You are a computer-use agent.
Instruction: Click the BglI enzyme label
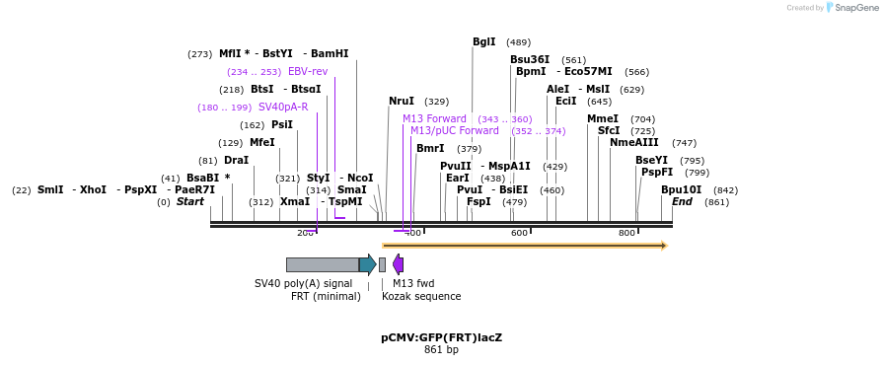pos(483,41)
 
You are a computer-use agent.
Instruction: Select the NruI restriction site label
pos(402,101)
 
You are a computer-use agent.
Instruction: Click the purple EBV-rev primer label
pos(308,71)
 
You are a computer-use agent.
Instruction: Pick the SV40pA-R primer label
pos(283,107)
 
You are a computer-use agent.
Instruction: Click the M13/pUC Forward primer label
pos(454,130)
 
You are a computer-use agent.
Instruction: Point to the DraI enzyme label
pos(236,160)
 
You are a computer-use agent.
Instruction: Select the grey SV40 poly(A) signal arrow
pos(323,264)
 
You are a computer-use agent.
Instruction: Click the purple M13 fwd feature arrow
pos(398,264)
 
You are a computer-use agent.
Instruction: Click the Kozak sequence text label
pos(421,296)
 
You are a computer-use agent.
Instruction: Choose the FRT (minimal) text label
pos(326,296)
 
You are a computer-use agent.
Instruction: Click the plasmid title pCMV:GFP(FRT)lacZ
pos(441,337)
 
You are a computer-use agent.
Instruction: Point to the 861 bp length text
pos(441,350)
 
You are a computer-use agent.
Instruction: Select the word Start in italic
pos(190,202)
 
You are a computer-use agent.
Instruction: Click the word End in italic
pos(682,202)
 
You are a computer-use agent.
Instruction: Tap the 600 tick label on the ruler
pos(519,233)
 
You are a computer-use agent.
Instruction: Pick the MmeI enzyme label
pos(603,118)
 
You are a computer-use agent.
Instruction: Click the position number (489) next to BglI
pos(518,42)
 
